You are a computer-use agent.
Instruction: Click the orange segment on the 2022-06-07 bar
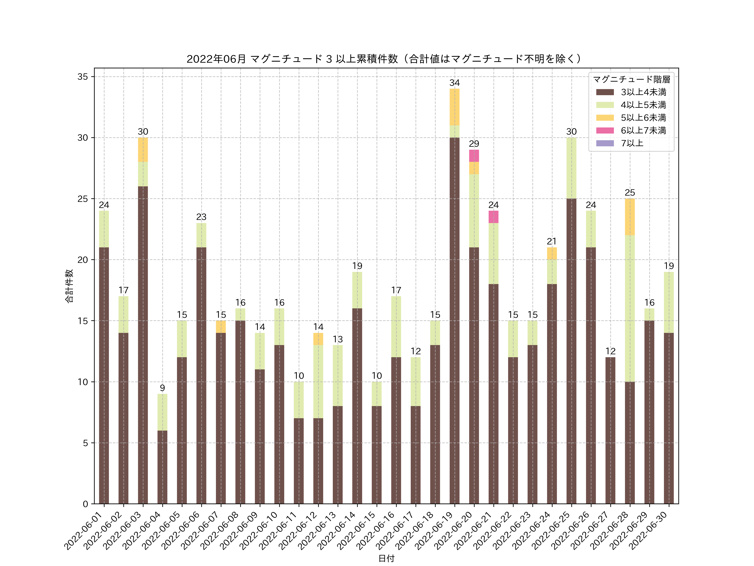pos(221,327)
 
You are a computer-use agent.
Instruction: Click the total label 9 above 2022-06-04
pos(162,388)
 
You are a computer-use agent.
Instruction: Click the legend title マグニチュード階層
pos(631,79)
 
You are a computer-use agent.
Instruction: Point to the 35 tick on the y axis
pos(83,77)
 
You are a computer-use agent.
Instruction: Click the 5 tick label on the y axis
pos(85,443)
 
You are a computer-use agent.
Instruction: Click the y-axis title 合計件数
pos(69,286)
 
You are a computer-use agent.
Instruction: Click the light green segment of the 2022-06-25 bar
pos(571,168)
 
